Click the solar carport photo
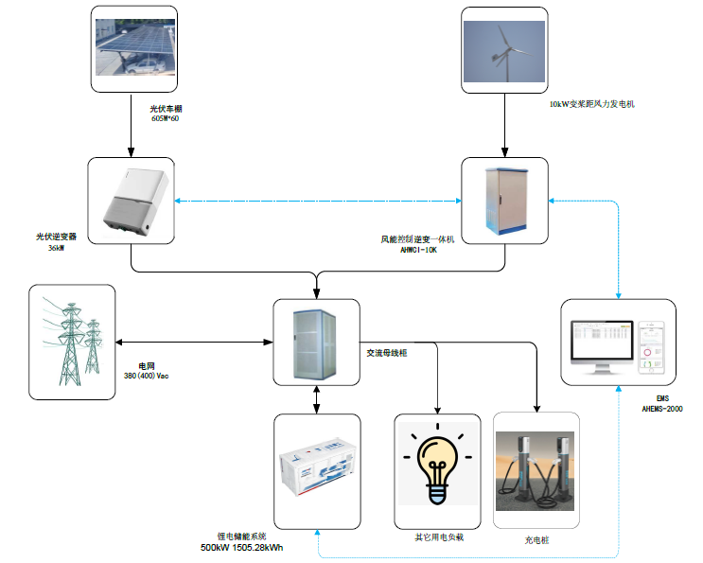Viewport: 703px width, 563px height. pos(133,45)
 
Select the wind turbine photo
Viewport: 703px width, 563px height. pos(505,49)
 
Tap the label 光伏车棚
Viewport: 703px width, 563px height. pos(165,110)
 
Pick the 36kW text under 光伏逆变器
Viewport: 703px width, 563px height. pos(56,248)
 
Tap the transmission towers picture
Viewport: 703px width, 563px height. pos(73,342)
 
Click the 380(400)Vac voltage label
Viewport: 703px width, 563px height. pos(146,376)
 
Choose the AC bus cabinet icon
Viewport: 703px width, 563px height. pos(316,343)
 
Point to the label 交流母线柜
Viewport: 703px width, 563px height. pos(386,352)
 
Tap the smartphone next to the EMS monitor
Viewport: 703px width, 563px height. pos(650,346)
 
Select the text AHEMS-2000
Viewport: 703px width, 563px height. pos(662,409)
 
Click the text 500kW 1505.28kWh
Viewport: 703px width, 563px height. pos(242,548)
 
